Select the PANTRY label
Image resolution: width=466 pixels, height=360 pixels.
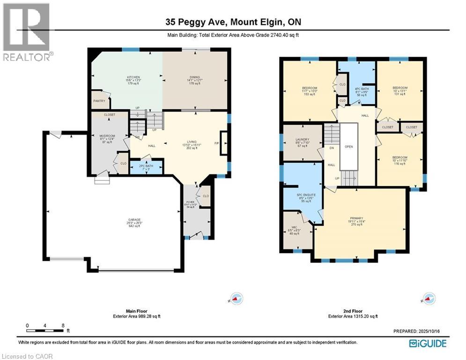pos(99,101)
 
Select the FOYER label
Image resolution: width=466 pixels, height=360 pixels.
pos(189,203)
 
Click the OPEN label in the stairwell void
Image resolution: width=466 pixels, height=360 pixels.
pos(348,147)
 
